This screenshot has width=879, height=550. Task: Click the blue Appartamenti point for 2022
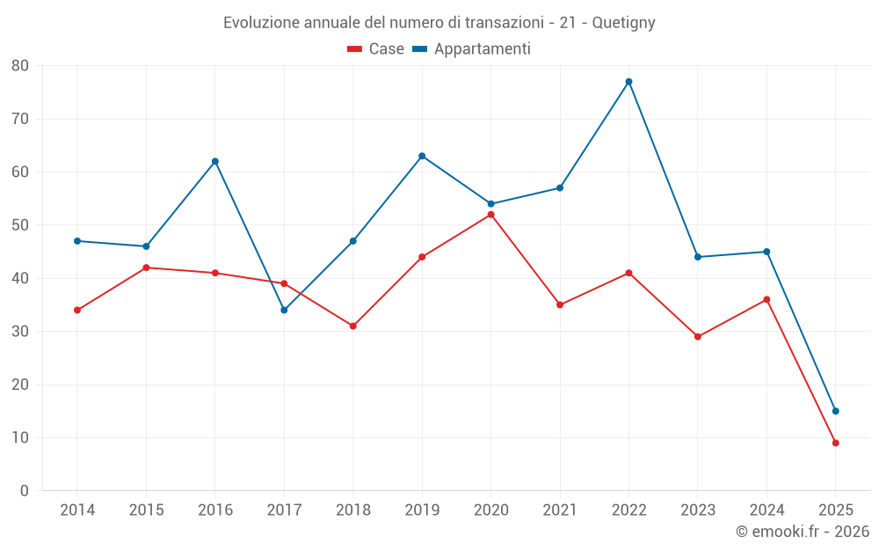pos(628,82)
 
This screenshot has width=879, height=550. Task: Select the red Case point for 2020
pos(490,215)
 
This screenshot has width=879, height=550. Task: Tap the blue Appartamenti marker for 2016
pos(214,161)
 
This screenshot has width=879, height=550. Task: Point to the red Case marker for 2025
pos(835,443)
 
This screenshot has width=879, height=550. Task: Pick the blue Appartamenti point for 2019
pos(422,156)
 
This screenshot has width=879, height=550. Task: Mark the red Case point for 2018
pos(352,326)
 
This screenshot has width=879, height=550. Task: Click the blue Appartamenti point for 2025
pos(835,411)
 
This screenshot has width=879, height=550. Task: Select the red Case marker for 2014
pos(77,310)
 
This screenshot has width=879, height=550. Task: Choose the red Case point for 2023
pos(697,337)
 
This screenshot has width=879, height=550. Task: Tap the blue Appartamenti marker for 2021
pos(560,187)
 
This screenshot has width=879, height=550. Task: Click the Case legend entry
pos(376,49)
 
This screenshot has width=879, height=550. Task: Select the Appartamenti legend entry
pos(472,49)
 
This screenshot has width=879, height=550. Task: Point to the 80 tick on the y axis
pos(20,66)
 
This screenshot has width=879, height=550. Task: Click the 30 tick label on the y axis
pos(20,332)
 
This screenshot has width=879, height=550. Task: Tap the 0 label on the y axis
pos(25,491)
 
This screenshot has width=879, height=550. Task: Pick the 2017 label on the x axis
pos(284,510)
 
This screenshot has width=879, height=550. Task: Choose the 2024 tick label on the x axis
pos(766,510)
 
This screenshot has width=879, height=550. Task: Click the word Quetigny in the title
pos(623,23)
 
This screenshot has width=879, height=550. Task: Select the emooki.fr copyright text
pos(802,532)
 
